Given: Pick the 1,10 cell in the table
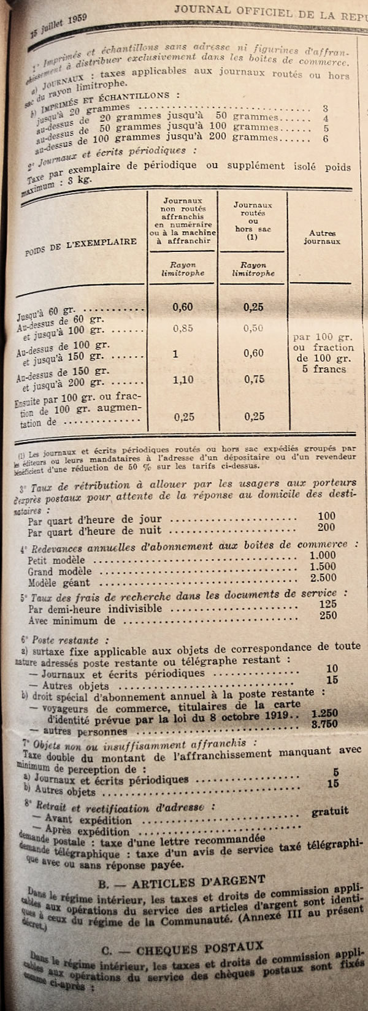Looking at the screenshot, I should pyautogui.click(x=183, y=380).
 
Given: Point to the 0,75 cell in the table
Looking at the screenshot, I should pyautogui.click(x=253, y=380).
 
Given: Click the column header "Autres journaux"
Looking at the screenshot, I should pyautogui.click(x=322, y=237).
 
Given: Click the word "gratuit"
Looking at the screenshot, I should pyautogui.click(x=330, y=811).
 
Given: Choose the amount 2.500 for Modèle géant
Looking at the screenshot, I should pyautogui.click(x=323, y=577).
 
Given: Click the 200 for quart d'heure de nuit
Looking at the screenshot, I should pyautogui.click(x=326, y=527).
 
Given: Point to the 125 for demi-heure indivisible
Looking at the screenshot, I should pyautogui.click(x=328, y=604).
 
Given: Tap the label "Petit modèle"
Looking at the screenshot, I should pyautogui.click(x=56, y=560).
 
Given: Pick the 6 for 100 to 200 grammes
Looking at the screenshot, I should pyautogui.click(x=326, y=139).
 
